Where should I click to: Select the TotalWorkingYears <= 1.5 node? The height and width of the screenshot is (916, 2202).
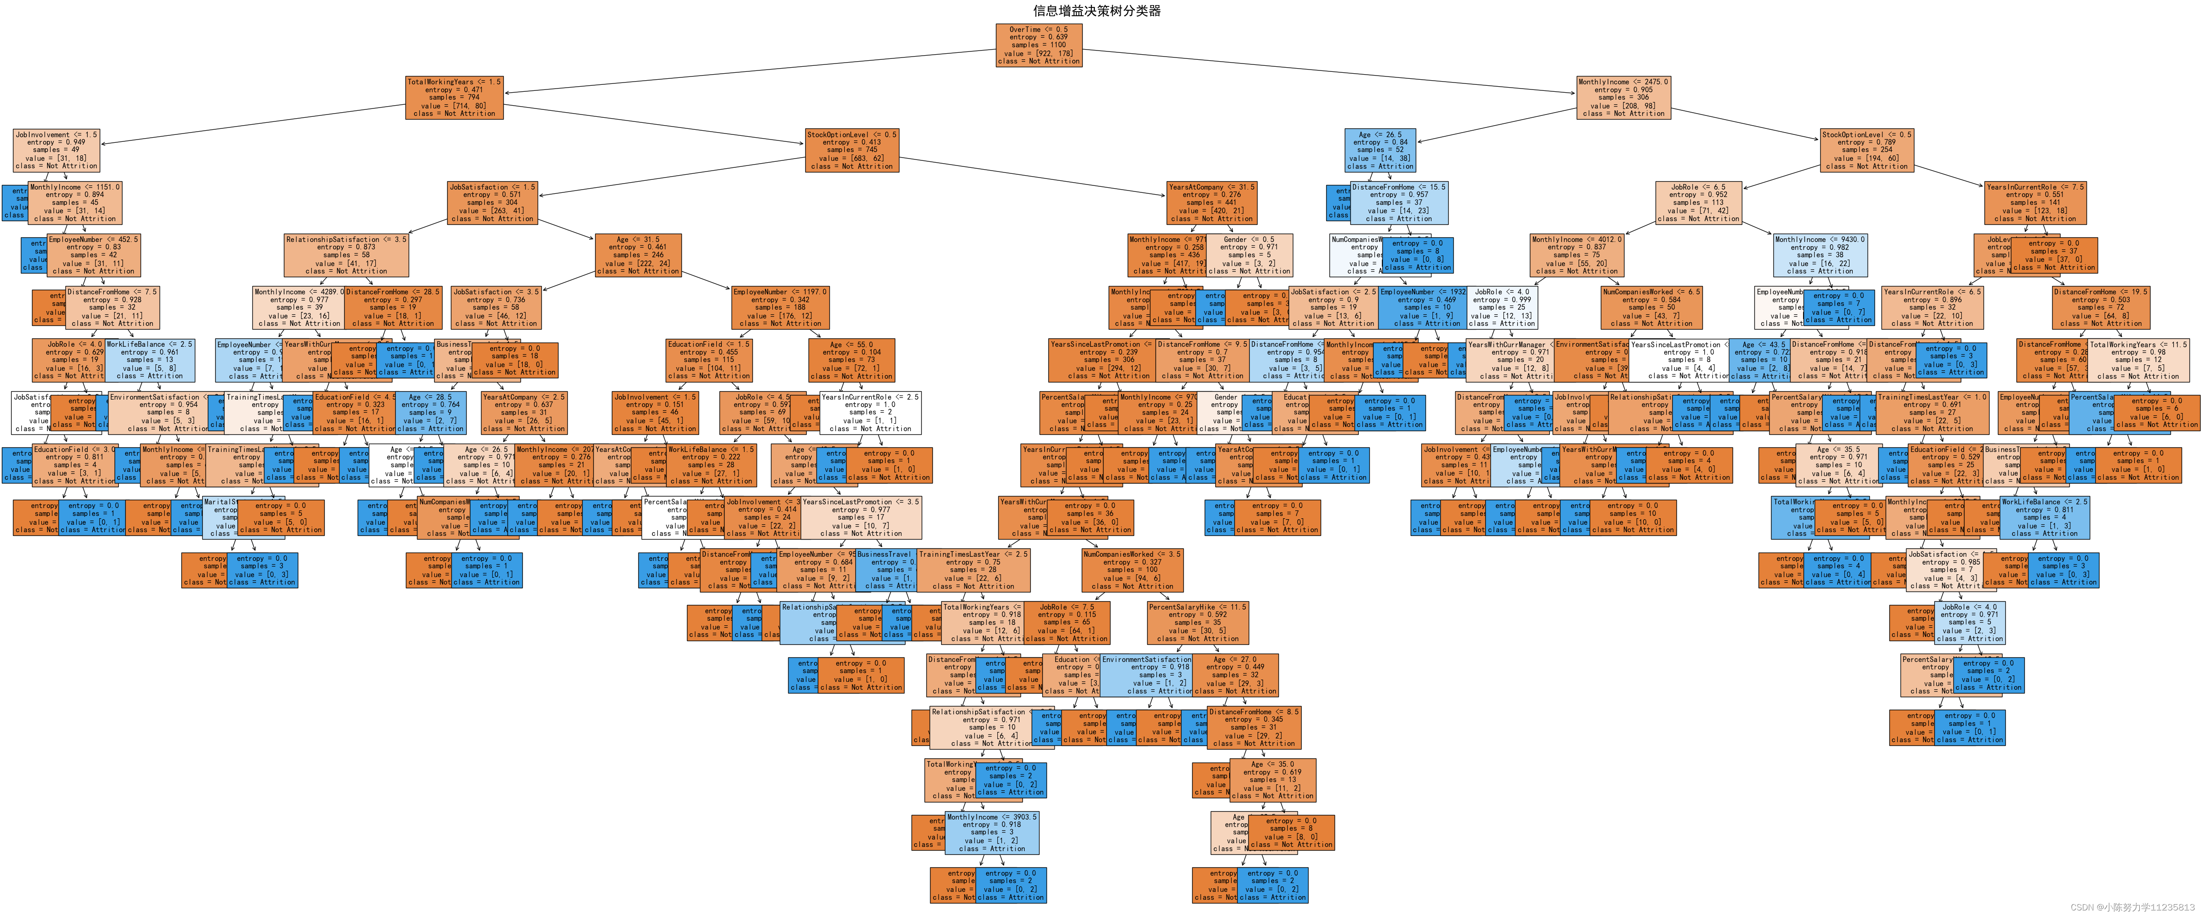(454, 97)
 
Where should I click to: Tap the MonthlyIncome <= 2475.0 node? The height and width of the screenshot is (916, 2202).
(1623, 97)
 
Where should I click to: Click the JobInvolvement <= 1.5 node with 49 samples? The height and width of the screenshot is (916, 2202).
(57, 150)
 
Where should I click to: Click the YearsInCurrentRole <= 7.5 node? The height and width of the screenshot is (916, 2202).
(2035, 203)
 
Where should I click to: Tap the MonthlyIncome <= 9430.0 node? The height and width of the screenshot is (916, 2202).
(1820, 254)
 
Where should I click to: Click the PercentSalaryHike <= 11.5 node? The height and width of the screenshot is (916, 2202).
(1198, 623)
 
